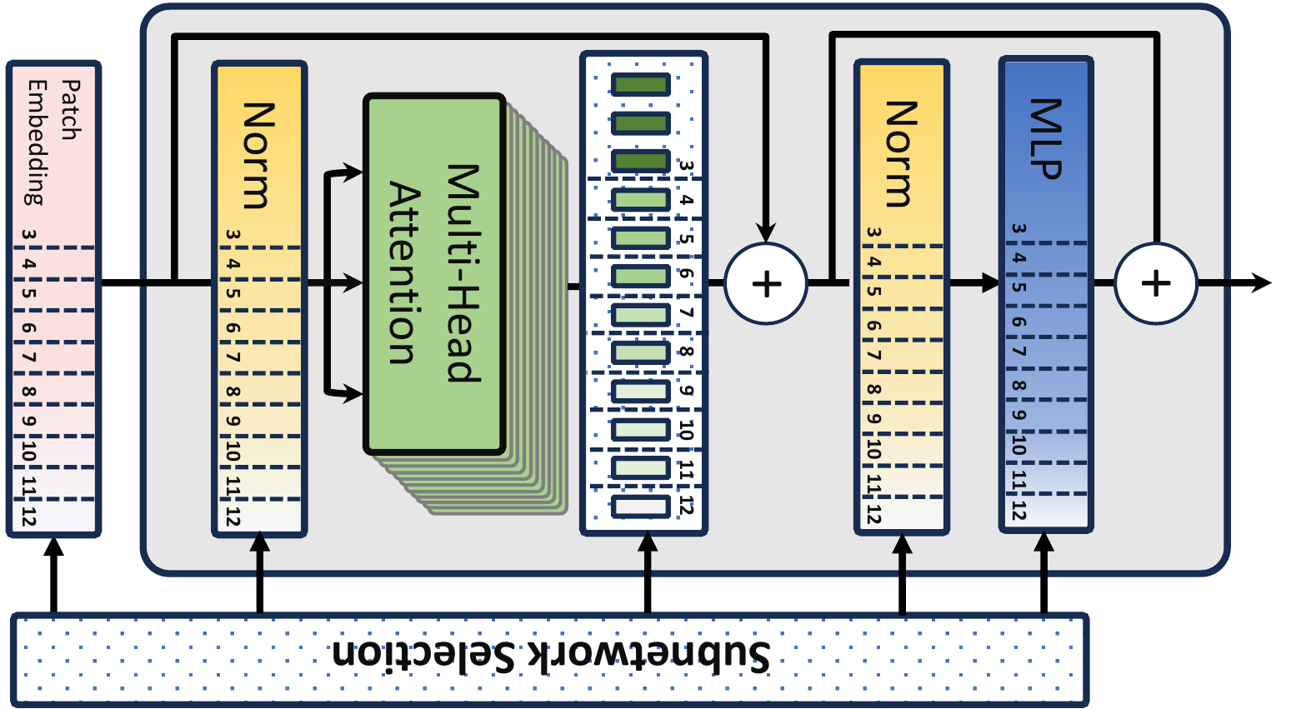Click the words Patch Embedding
point(52,142)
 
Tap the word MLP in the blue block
point(1045,138)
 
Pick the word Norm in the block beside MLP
point(900,154)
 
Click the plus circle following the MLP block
point(1155,283)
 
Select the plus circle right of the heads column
point(766,283)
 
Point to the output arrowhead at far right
point(1262,283)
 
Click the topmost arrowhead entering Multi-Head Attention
point(354,172)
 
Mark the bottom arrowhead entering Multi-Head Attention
point(354,393)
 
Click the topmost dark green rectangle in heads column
point(640,84)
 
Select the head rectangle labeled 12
point(640,506)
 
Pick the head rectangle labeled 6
point(640,275)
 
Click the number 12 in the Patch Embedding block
point(29,516)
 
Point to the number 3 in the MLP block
point(1018,229)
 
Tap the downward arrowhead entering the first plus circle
point(766,232)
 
